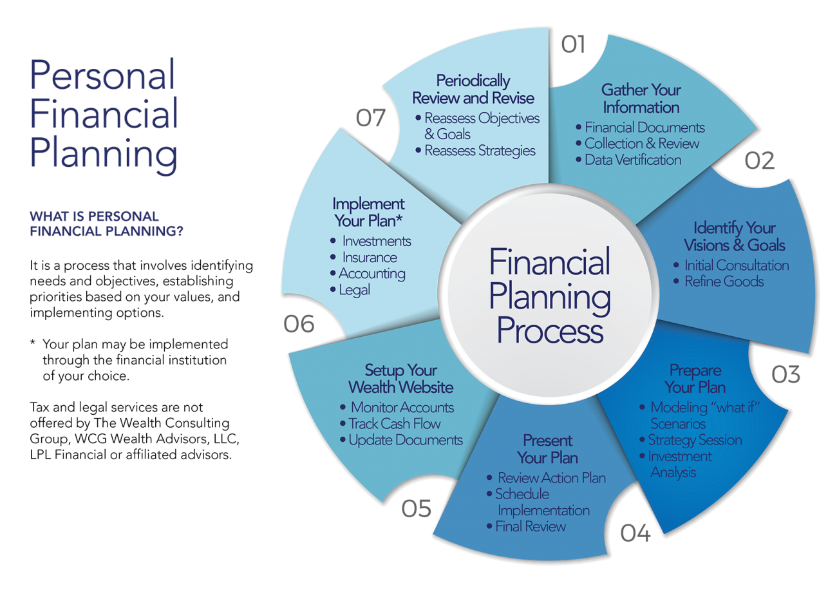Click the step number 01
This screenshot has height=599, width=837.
click(573, 44)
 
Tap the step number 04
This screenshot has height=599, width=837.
click(635, 533)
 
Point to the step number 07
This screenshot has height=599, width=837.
click(371, 118)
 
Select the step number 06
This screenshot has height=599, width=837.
click(299, 324)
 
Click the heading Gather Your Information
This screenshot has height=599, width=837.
click(641, 99)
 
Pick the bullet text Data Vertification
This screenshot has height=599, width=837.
click(632, 160)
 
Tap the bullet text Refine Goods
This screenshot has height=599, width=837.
click(724, 281)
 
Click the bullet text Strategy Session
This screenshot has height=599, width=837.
click(695, 440)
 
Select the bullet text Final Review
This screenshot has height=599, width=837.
click(531, 527)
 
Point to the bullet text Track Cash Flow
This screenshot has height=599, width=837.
click(395, 424)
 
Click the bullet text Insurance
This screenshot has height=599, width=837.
click(370, 258)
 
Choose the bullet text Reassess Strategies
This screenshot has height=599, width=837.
click(480, 151)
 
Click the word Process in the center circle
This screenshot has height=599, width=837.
click(550, 331)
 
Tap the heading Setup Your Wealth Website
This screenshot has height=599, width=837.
click(400, 379)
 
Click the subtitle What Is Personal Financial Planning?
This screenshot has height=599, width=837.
click(106, 224)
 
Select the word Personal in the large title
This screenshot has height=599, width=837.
click(102, 75)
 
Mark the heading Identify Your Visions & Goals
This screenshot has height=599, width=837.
click(734, 236)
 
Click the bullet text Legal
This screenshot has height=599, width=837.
click(355, 290)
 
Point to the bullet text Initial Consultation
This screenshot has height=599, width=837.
click(736, 265)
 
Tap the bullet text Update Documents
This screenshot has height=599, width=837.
click(406, 440)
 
